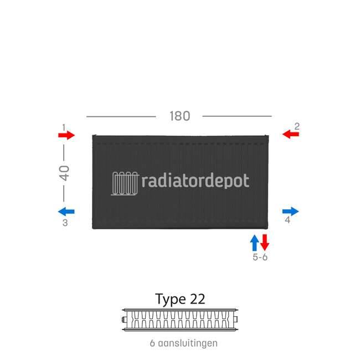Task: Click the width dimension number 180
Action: (x=179, y=116)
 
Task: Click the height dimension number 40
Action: (x=64, y=173)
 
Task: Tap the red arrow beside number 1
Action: (x=66, y=135)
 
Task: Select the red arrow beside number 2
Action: (x=290, y=134)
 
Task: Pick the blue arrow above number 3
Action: (x=66, y=211)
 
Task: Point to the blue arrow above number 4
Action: (x=290, y=211)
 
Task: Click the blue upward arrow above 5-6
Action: (x=254, y=243)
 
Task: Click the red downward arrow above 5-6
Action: (x=265, y=243)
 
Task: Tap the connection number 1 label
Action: (x=64, y=127)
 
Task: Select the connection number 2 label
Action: (x=297, y=126)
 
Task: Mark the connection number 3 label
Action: (x=65, y=223)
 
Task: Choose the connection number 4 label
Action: (x=287, y=220)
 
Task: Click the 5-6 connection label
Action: (x=260, y=258)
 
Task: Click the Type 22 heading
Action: (x=180, y=299)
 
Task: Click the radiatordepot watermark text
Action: (x=196, y=181)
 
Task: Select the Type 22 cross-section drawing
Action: (x=180, y=319)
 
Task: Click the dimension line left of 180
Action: (x=121, y=116)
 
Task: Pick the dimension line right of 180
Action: (x=237, y=116)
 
